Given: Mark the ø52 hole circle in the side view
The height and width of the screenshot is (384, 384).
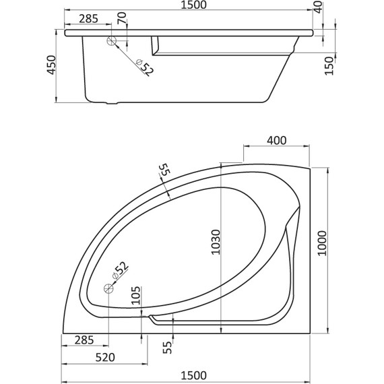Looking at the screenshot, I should tap(113, 42).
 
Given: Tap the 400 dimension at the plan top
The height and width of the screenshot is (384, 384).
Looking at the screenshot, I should tap(277, 140).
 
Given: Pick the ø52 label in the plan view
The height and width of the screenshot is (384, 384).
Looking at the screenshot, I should tap(118, 269).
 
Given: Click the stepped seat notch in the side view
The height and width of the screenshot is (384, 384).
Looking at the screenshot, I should tap(156, 46).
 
